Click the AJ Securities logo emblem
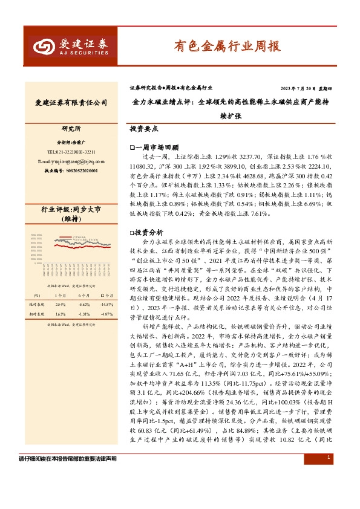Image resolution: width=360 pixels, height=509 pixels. click(x=44, y=46)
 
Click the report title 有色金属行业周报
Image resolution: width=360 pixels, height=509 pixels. click(x=227, y=45)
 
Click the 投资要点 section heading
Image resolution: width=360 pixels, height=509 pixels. click(x=144, y=129)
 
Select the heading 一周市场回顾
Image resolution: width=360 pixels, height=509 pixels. click(x=152, y=147)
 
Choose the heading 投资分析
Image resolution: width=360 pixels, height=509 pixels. click(x=148, y=248)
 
